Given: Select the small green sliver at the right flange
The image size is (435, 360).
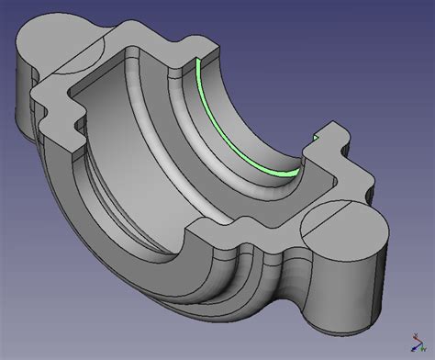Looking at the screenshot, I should tap(316, 138).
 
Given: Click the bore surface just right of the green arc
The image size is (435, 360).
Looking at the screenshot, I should tap(266, 129).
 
